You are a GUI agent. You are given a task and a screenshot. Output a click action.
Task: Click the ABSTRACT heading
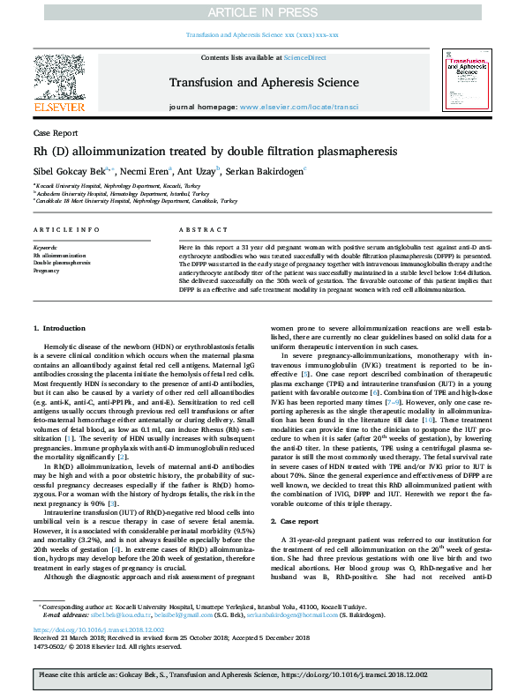[x=197, y=229]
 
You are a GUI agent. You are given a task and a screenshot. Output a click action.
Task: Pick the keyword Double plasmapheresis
[x=62, y=264]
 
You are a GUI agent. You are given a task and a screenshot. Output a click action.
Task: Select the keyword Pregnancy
[x=47, y=271]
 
